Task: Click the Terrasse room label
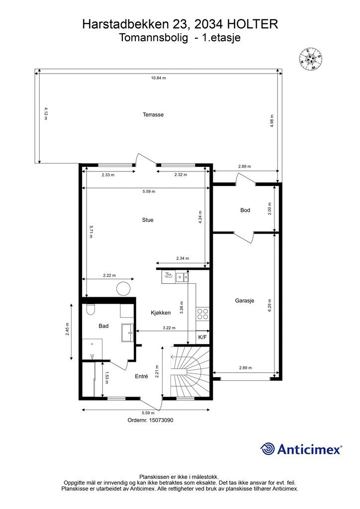point(153,115)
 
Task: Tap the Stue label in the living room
point(148,220)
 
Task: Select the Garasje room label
point(245,301)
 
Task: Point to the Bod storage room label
point(245,210)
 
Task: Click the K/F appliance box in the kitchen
point(202,338)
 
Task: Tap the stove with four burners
point(202,314)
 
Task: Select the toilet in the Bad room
point(90,310)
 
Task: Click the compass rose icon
point(311,59)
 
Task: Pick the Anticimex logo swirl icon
point(268,449)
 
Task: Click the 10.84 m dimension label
point(159,78)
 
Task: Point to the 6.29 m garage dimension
point(270,306)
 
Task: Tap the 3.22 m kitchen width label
point(169,328)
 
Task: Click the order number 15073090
point(161,420)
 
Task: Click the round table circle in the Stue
point(123,288)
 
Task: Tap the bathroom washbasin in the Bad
point(128,333)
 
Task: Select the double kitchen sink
point(182,277)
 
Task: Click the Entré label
point(142,376)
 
